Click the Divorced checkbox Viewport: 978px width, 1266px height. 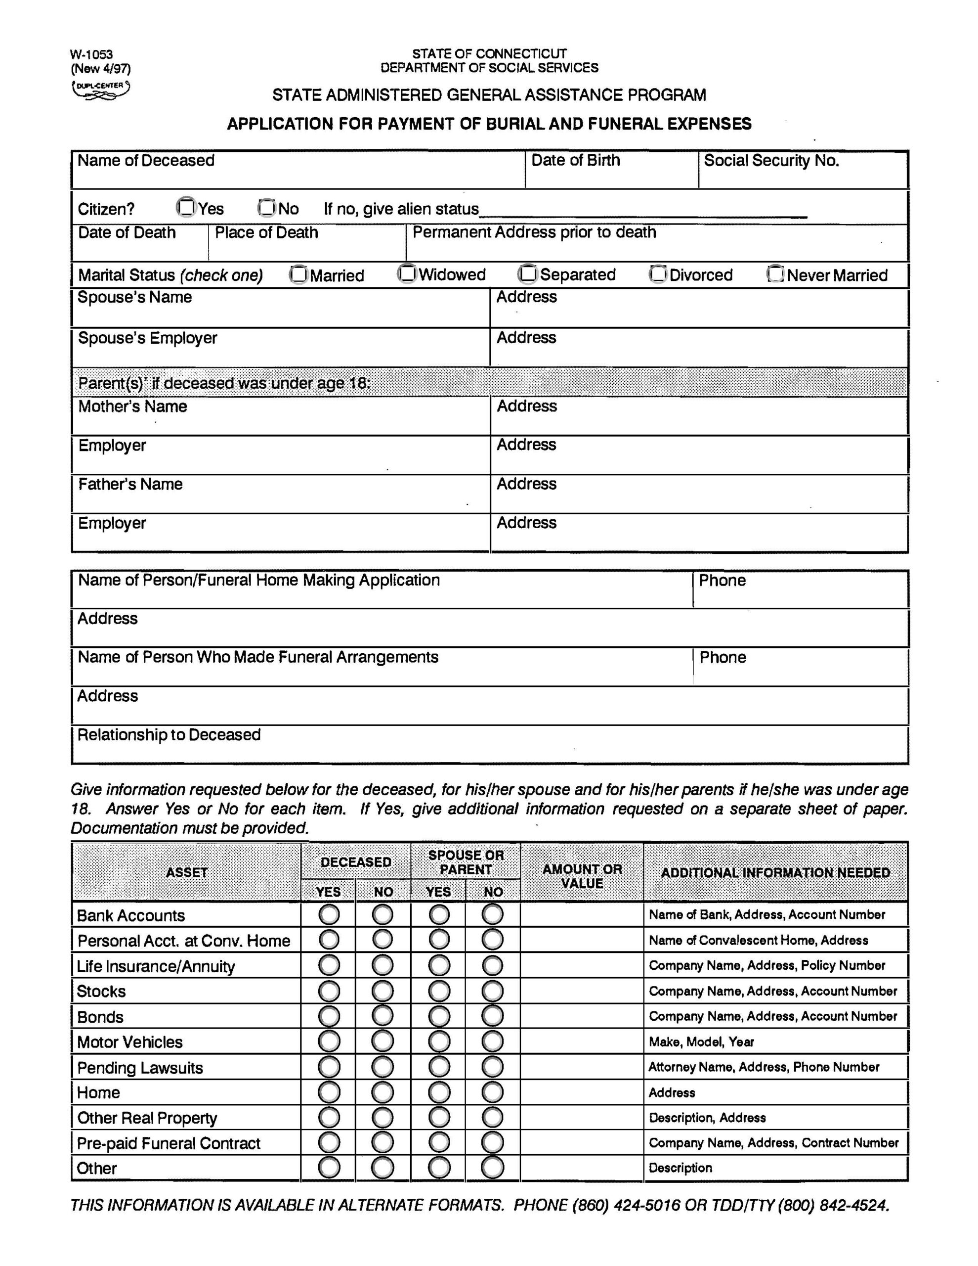[658, 273]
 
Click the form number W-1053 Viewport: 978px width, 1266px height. [91, 55]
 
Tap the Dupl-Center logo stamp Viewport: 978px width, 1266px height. [101, 90]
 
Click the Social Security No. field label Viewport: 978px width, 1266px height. [771, 161]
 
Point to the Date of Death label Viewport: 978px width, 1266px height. [127, 232]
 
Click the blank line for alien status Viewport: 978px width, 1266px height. [643, 211]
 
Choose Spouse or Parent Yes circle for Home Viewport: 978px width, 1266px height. [439, 1093]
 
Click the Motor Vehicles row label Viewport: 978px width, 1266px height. [130, 1042]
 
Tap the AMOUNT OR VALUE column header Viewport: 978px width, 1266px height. [582, 876]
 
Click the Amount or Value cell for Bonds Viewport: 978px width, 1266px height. [582, 1017]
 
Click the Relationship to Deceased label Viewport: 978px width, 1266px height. [169, 735]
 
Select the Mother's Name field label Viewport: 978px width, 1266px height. [132, 407]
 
